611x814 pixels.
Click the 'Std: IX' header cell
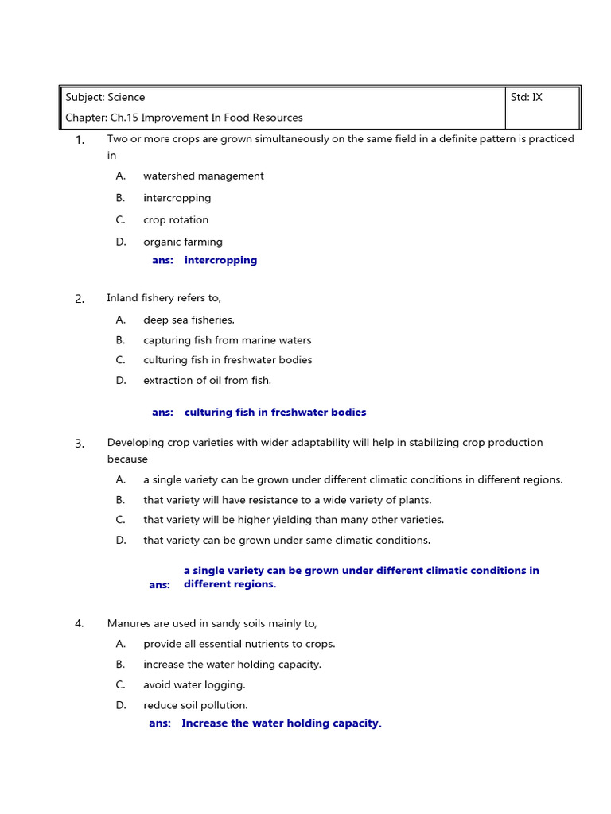[x=527, y=98]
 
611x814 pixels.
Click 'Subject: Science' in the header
[x=105, y=98]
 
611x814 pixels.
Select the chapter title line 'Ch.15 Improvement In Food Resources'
[x=184, y=118]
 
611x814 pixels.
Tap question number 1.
[x=80, y=141]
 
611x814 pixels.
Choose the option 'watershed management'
[x=203, y=176]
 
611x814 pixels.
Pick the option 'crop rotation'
[x=176, y=220]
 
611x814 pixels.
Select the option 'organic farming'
[x=182, y=242]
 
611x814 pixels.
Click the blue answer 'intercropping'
[x=220, y=260]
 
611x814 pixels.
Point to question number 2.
[x=80, y=299]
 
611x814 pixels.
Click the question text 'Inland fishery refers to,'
[x=164, y=298]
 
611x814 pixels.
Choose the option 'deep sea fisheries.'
[x=189, y=320]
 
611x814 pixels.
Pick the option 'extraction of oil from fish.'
[x=207, y=381]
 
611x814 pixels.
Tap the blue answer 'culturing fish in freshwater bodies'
[x=275, y=413]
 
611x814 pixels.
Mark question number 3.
[x=80, y=444]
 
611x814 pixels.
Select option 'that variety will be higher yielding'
[x=294, y=520]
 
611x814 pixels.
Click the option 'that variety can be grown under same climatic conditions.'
[x=286, y=541]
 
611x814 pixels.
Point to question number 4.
[x=80, y=624]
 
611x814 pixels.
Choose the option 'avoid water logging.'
[x=194, y=685]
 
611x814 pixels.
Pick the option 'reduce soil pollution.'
[x=196, y=706]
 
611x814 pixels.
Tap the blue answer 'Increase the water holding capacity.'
[x=281, y=723]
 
